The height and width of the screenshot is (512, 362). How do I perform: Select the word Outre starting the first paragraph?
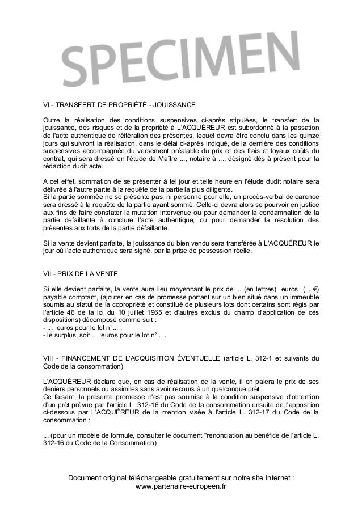tap(53, 120)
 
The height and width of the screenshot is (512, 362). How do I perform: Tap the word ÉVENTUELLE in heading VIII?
tap(191, 358)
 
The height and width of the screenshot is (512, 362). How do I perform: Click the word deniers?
tap(55, 389)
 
